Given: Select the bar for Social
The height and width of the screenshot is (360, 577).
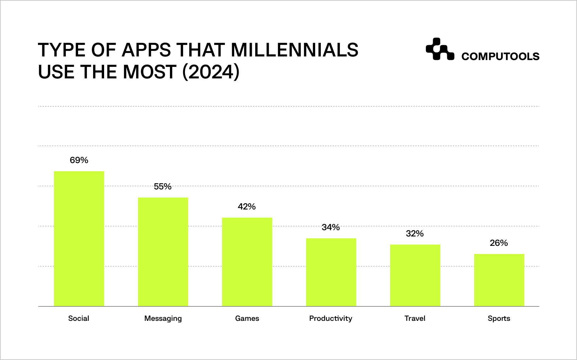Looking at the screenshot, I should (x=79, y=239).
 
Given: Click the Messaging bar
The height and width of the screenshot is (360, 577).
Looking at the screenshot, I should (x=163, y=252).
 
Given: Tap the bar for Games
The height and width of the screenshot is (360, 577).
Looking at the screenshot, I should (x=247, y=262).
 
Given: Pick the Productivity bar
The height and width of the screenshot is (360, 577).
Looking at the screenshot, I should (x=331, y=272).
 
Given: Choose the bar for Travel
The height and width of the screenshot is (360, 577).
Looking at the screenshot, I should (x=415, y=275).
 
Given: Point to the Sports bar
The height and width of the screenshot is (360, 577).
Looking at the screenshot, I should (x=499, y=280).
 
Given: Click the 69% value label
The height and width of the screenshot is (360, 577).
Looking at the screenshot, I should (x=79, y=160).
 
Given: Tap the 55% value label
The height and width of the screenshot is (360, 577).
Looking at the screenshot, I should (x=163, y=187).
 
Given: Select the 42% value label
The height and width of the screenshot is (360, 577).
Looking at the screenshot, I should (x=247, y=207).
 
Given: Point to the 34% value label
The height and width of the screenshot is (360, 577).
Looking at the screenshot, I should (x=331, y=227).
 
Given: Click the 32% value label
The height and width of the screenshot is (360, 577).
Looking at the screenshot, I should (x=415, y=234).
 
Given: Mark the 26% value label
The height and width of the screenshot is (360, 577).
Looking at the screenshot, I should (x=499, y=243).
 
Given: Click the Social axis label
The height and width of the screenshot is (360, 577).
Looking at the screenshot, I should (x=79, y=319).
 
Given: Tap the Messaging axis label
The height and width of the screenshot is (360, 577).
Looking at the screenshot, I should (x=163, y=319).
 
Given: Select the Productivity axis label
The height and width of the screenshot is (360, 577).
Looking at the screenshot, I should (x=331, y=319).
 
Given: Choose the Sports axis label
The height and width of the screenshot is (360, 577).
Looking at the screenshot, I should (x=499, y=319).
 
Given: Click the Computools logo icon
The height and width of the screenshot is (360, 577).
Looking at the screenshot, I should (x=440, y=49).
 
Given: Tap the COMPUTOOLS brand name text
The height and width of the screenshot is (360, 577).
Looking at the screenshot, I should (x=500, y=56).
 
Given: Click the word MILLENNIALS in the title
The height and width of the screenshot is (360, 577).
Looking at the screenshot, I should (x=294, y=50).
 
